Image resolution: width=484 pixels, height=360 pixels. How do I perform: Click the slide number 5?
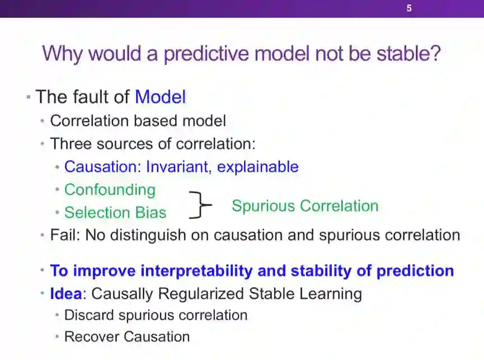pos(409,8)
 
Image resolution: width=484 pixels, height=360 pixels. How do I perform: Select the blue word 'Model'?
pos(160,97)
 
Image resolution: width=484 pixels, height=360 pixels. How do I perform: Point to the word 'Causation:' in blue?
pos(102,167)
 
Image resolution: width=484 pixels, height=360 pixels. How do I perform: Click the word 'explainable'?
pos(258,167)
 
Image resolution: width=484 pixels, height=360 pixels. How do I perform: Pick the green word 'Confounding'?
pos(110,190)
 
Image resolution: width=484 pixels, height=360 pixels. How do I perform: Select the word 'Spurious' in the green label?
pos(264,206)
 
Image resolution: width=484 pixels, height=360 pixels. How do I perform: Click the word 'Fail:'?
pos(65,235)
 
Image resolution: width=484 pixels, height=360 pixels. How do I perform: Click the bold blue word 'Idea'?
pos(66,293)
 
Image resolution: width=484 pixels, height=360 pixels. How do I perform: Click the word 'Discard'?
pos(89,315)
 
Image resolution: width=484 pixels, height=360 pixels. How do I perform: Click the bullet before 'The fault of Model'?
pos(29,97)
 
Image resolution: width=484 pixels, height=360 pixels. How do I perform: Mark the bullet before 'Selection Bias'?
pos(57,212)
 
